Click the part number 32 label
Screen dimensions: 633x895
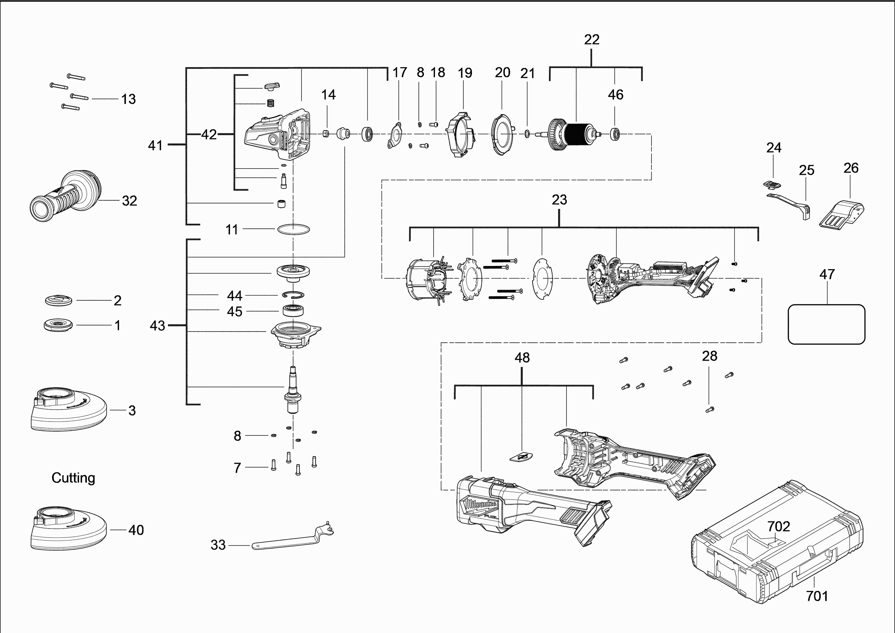click(129, 201)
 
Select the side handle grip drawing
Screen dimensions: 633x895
click(64, 197)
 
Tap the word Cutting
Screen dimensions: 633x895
click(73, 478)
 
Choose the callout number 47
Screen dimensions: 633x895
click(827, 274)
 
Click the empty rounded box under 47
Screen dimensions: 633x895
click(826, 324)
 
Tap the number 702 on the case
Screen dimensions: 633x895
click(778, 527)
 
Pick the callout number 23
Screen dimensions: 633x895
click(559, 200)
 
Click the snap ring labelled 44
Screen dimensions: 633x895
click(294, 295)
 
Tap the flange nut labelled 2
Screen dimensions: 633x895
click(58, 300)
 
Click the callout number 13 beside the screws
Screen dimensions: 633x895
click(128, 99)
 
